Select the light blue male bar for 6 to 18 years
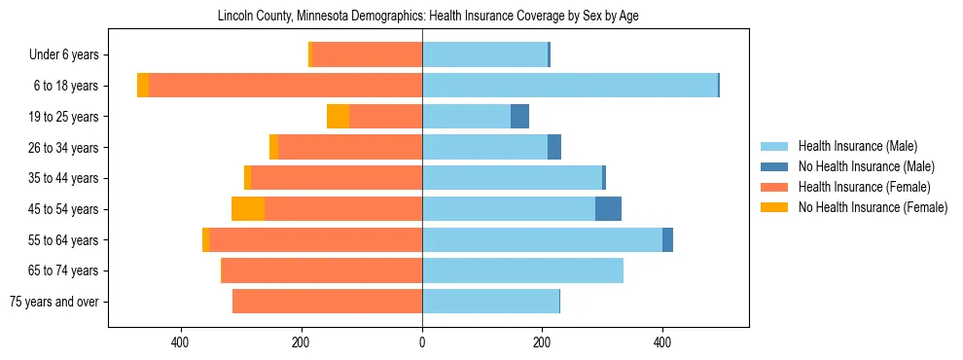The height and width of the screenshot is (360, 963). tap(569, 86)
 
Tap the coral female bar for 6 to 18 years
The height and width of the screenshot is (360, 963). tap(285, 86)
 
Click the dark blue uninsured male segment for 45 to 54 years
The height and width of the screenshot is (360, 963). tap(608, 209)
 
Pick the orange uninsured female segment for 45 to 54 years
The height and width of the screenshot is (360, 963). tap(248, 209)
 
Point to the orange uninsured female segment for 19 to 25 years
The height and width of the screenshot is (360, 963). tap(338, 117)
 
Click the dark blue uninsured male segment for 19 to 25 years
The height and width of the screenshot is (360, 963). tap(519, 117)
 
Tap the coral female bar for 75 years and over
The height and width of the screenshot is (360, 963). tap(327, 302)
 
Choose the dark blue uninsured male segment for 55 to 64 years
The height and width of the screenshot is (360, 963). tap(667, 240)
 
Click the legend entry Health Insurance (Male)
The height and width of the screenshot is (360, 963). tap(857, 146)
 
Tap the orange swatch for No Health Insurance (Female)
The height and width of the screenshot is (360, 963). tap(775, 207)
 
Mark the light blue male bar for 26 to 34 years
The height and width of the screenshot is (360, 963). tap(484, 148)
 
